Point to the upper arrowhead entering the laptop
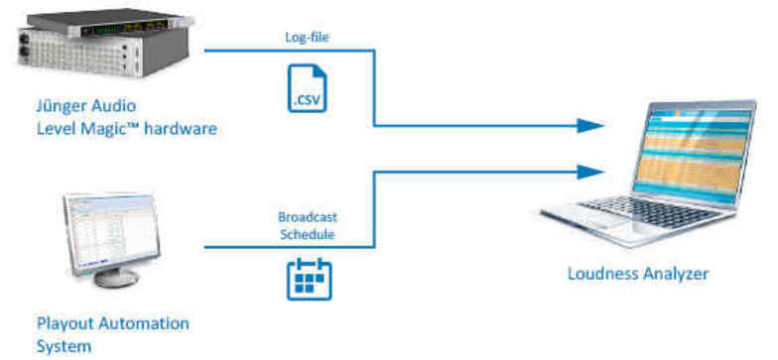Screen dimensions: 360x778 coord(591,126)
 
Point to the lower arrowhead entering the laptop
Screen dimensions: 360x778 coord(591,170)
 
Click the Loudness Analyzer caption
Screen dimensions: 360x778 coord(637,274)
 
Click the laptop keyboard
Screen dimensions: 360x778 coord(645,214)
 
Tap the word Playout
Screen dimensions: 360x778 coord(63,323)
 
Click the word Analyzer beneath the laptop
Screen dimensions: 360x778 coord(675,274)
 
